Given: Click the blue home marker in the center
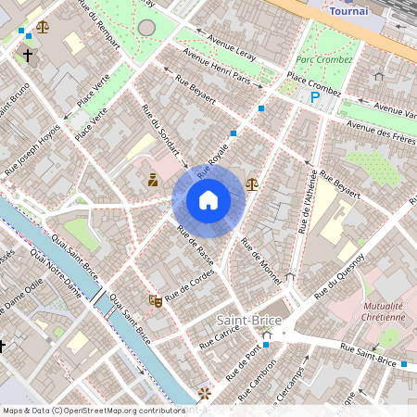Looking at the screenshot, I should click(208, 200).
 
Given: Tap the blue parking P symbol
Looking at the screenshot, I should click(315, 95).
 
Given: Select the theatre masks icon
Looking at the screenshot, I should click(156, 300).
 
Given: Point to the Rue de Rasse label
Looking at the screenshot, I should click(195, 247).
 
